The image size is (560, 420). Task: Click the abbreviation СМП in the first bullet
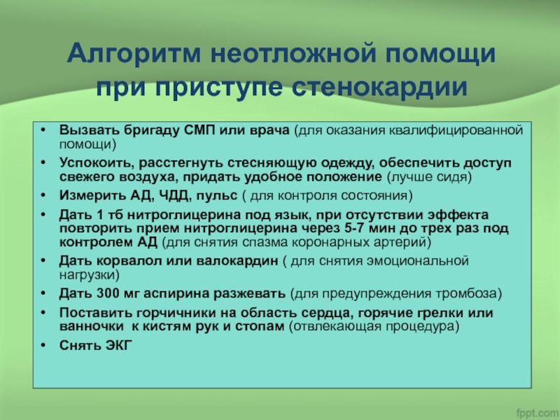click(x=199, y=130)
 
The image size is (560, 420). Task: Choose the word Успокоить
click(x=97, y=163)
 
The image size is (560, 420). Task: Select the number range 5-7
click(x=359, y=228)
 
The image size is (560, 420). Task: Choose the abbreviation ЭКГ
click(x=119, y=345)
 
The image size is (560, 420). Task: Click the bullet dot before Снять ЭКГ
click(x=43, y=345)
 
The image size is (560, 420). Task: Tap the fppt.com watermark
click(x=538, y=412)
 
